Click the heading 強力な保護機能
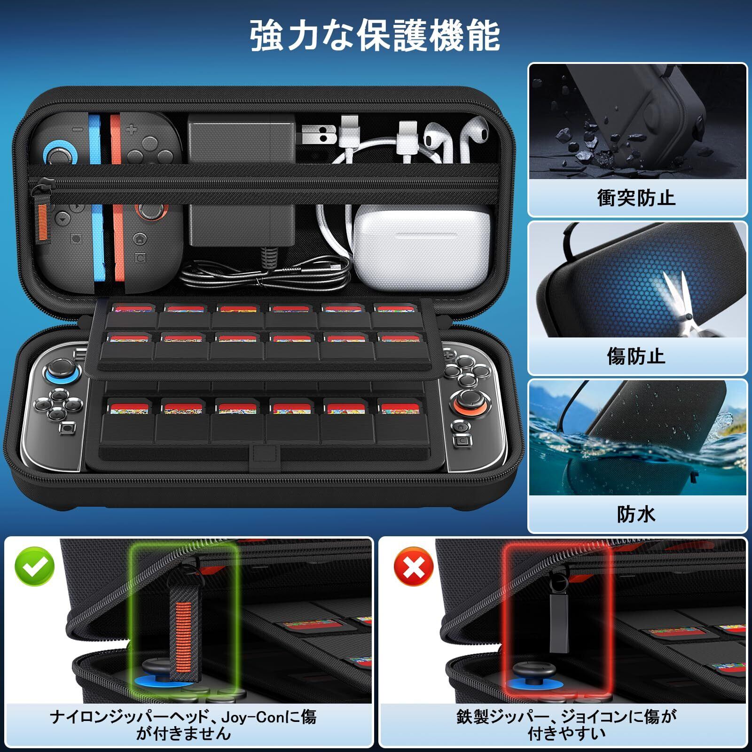pos(375,35)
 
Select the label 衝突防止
pos(636,197)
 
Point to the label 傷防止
pos(636,356)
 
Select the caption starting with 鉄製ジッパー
pos(566,725)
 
